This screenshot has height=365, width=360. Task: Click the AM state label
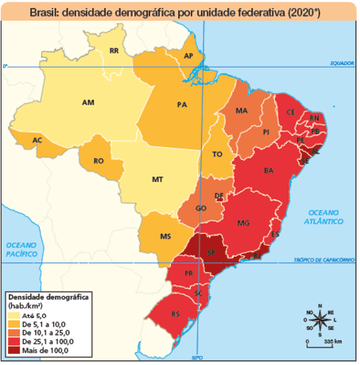[x=88, y=103]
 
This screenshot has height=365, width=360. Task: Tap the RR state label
[x=114, y=51]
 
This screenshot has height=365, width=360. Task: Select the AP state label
[x=188, y=56]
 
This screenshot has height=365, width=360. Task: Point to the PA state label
[x=181, y=104]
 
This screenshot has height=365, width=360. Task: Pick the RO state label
[x=99, y=161]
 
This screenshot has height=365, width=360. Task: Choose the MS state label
[x=165, y=237]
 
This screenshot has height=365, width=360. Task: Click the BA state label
[x=269, y=170]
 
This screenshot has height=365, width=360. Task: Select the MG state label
[x=243, y=222]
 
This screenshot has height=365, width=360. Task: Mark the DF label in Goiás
[x=219, y=196]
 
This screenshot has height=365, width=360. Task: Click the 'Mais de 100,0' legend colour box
[x=14, y=350]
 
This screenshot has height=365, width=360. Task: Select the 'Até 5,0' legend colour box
[x=14, y=316]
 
